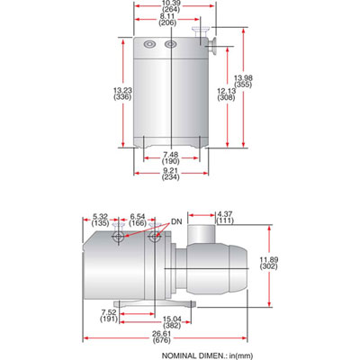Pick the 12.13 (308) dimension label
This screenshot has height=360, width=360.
[227, 94]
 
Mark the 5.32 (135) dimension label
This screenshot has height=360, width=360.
[103, 220]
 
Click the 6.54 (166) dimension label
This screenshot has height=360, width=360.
[137, 220]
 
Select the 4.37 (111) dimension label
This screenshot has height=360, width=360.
[225, 216]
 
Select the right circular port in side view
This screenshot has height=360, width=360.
[157, 238]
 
